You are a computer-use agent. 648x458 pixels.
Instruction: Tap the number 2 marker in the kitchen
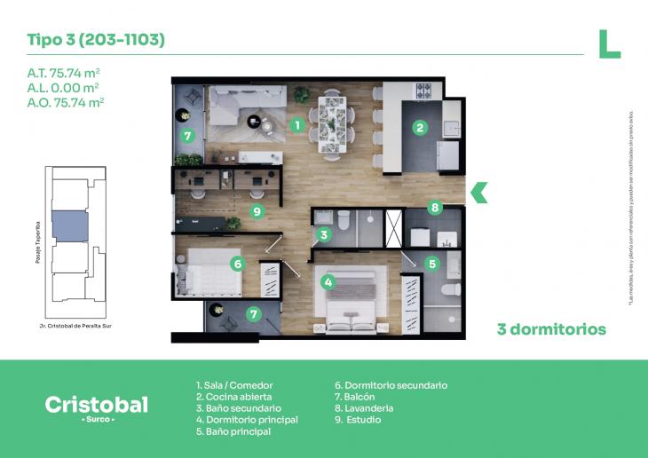pyautogui.click(x=419, y=127)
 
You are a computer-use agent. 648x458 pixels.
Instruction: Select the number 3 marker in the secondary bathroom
pyautogui.click(x=325, y=235)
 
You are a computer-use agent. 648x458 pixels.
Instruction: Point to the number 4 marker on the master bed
pyautogui.click(x=328, y=283)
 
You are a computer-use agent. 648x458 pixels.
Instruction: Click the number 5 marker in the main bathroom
pyautogui.click(x=432, y=263)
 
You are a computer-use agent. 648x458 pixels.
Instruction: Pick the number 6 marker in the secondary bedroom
pyautogui.click(x=237, y=263)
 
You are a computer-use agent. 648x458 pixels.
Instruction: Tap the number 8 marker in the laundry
pyautogui.click(x=435, y=208)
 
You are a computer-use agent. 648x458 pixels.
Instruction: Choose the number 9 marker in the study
pyautogui.click(x=257, y=211)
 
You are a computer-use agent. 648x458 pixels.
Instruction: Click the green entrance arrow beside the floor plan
pyautogui.click(x=479, y=192)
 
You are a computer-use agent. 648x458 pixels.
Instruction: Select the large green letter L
pyautogui.click(x=608, y=44)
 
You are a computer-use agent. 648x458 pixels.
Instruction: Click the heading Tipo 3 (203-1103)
pyautogui.click(x=96, y=40)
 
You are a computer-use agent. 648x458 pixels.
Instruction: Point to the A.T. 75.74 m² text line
pyautogui.click(x=63, y=74)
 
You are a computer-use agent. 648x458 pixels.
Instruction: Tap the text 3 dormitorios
pyautogui.click(x=551, y=329)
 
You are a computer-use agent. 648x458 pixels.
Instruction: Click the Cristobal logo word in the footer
pyautogui.click(x=97, y=405)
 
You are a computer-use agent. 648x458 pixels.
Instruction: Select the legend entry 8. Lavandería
pyautogui.click(x=363, y=408)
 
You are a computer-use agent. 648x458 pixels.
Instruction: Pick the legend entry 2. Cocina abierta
pyautogui.click(x=233, y=397)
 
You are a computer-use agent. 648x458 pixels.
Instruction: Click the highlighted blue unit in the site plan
pyautogui.click(x=68, y=225)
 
